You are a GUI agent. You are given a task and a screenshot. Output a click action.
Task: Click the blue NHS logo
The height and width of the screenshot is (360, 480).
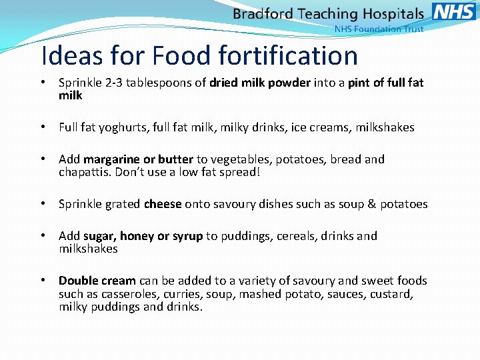click(x=454, y=11)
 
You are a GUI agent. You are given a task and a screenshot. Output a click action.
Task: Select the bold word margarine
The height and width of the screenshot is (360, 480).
click(x=111, y=159)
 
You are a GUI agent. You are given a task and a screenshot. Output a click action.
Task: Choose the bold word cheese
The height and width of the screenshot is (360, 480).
click(x=163, y=204)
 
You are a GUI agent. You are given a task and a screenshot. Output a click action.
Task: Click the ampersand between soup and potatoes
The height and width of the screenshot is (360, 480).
click(x=372, y=204)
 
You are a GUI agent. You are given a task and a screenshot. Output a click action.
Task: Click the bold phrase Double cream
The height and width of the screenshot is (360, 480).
click(x=97, y=281)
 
